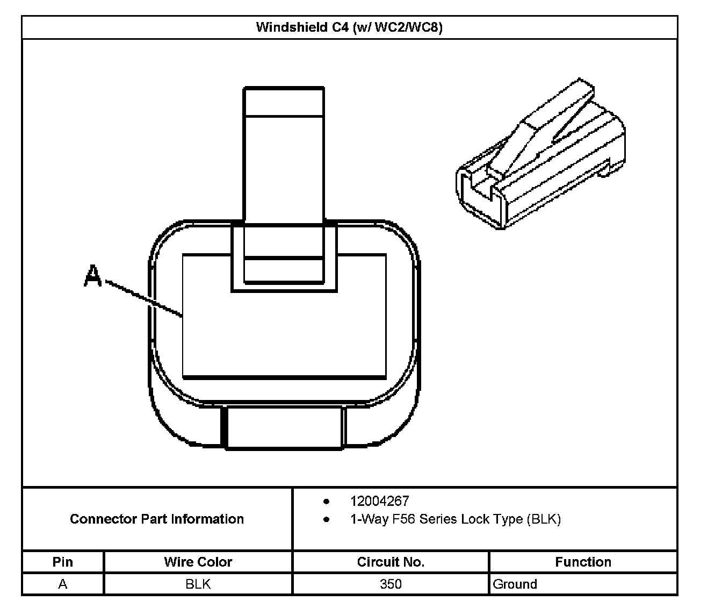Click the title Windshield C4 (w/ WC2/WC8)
pos(349,27)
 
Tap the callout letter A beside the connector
pos(93,276)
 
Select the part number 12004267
pos(379,501)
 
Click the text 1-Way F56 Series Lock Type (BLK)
pos(455,519)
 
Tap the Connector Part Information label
pos(157,519)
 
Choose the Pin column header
pos(63,562)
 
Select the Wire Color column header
pos(198,562)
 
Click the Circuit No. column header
pos(391,562)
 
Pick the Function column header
pos(583,562)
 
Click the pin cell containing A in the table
pos(63,584)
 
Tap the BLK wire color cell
pos(198,584)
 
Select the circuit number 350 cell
pos(391,584)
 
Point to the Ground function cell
pos(515,584)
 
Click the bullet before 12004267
pos(326,502)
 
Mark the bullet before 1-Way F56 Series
pos(326,520)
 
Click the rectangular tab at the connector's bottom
pos(284,427)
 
